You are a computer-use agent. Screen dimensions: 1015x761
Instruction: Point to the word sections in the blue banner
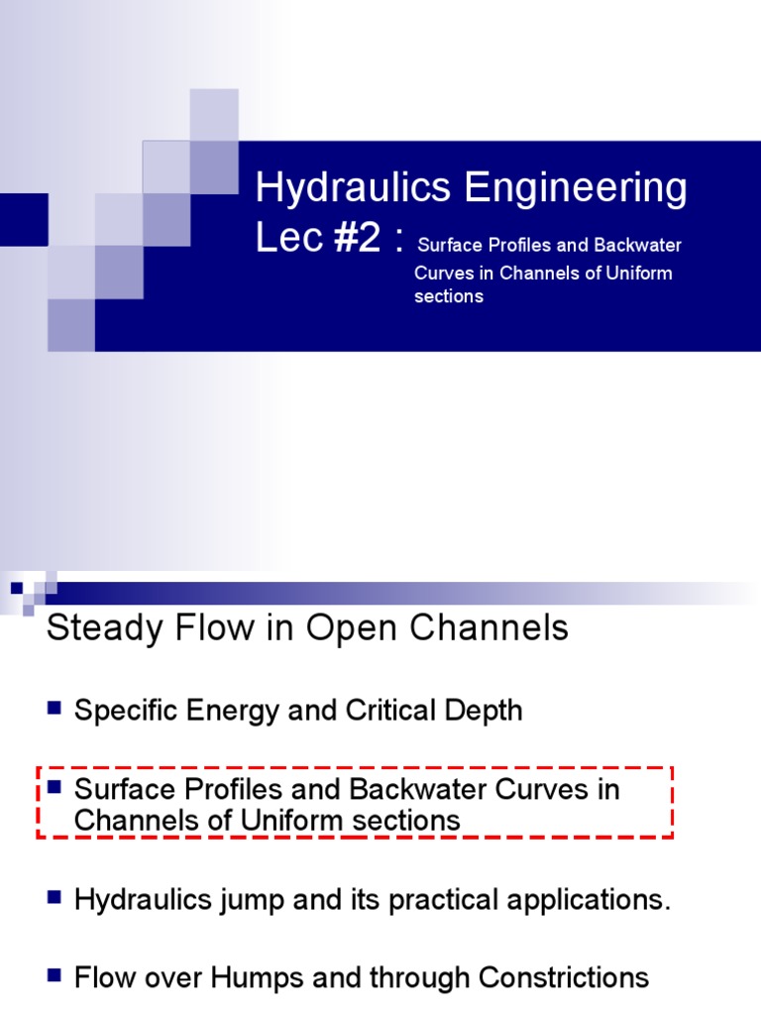(448, 296)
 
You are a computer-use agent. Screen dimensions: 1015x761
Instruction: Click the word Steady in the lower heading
(104, 627)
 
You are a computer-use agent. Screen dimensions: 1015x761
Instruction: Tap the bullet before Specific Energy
(54, 708)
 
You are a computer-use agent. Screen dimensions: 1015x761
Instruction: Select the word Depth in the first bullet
(483, 711)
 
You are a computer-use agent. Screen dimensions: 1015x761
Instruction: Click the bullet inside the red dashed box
(54, 788)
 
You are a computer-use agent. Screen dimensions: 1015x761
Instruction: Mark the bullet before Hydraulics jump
(54, 898)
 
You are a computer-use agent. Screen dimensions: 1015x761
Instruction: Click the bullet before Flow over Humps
(54, 975)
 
